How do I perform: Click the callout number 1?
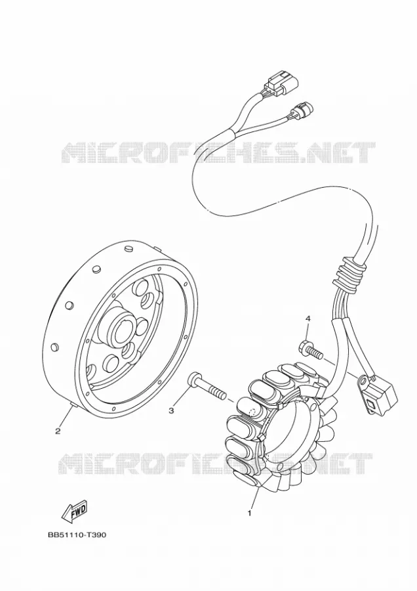click(x=248, y=514)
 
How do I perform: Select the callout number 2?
click(x=58, y=431)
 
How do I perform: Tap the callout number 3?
click(x=171, y=410)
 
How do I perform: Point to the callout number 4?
click(x=308, y=318)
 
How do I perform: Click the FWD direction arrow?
click(x=74, y=512)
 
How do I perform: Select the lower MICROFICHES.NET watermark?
click(x=216, y=464)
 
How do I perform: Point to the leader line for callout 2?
click(x=64, y=416)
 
